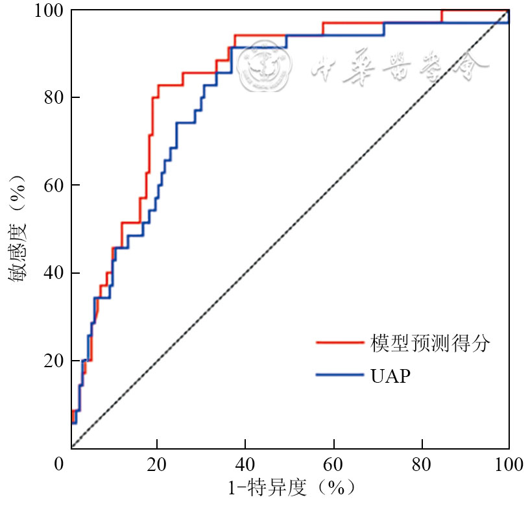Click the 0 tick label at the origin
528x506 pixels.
(60, 464)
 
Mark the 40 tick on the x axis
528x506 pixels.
(246, 464)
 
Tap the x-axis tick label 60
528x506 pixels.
(333, 464)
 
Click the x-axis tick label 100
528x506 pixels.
(508, 464)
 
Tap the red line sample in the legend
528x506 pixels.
(339, 342)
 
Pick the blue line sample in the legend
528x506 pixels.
(339, 374)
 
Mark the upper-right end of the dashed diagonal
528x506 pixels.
(508, 11)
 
